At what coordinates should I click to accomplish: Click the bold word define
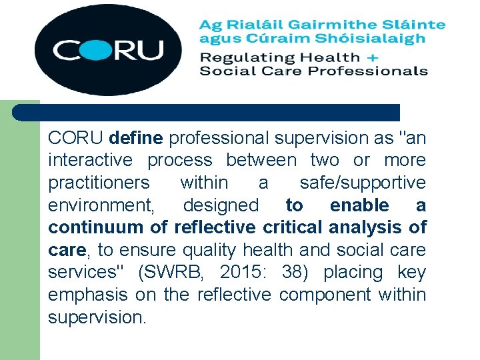135,138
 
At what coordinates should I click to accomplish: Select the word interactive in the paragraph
91,160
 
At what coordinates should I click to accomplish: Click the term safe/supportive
362,183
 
